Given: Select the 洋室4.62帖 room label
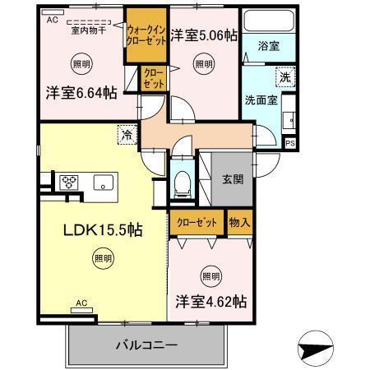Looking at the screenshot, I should pos(210,302).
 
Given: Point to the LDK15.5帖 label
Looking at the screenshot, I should pos(104,229).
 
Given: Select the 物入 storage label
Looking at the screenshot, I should pos(239,223).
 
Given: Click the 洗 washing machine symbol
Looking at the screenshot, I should pos(283,77).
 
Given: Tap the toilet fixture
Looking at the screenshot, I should pos(183,180).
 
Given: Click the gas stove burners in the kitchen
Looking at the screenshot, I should pos(67,182).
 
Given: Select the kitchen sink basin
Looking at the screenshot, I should pos(104,182).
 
